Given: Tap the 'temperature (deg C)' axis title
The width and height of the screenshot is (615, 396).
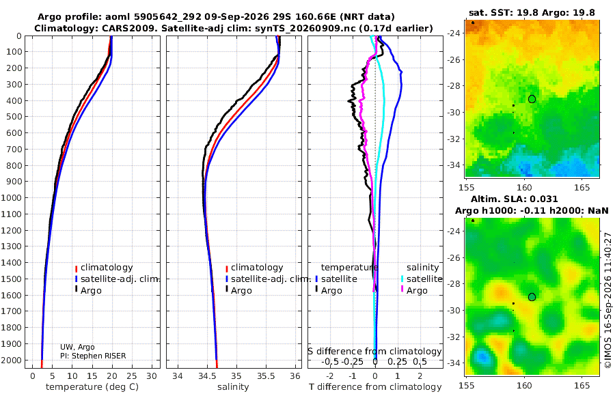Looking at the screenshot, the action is [x=92, y=387].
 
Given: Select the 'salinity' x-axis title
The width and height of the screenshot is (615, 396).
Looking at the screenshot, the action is [x=233, y=387].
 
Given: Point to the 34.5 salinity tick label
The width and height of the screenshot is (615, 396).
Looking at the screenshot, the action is [x=206, y=376].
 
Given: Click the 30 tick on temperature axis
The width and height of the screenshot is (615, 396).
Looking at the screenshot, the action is [x=152, y=376].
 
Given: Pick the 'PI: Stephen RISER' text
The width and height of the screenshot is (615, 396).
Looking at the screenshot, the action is [x=93, y=356].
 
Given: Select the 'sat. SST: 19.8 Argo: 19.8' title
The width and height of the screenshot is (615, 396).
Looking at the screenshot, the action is [x=532, y=12].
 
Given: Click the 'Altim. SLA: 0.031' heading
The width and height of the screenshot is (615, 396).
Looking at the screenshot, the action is [x=514, y=199].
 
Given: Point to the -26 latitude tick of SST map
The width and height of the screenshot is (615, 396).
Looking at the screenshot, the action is [x=454, y=59].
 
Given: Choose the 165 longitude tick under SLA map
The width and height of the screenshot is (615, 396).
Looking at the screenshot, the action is [x=582, y=385].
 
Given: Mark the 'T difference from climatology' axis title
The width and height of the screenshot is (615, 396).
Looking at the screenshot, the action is [x=375, y=387].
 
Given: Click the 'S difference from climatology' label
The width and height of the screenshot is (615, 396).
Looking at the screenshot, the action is [x=374, y=352].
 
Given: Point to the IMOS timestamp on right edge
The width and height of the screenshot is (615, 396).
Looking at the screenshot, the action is [x=608, y=300].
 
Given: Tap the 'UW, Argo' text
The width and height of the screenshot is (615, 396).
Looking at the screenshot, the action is [x=77, y=347].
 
